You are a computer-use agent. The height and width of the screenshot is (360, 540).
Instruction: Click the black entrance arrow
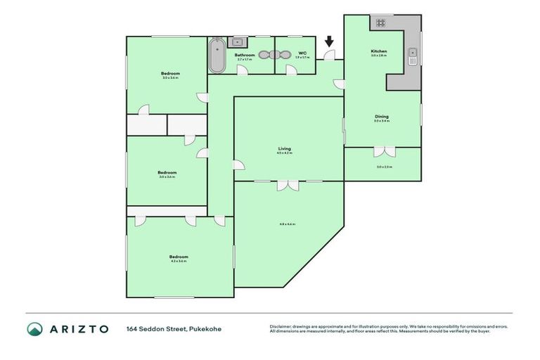(329, 43)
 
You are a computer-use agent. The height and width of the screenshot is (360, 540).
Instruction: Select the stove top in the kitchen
(380, 22)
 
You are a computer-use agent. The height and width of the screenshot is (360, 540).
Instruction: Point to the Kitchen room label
(379, 51)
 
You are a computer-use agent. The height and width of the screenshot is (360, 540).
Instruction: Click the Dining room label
(381, 117)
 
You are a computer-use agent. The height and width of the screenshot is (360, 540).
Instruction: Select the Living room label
(284, 148)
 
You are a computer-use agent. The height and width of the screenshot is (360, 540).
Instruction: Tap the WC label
(302, 53)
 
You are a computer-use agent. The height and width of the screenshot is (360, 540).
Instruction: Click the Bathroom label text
(245, 54)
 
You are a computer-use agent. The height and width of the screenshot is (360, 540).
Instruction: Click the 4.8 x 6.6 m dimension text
(287, 224)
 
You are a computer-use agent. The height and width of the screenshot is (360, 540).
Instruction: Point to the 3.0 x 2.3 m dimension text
(384, 167)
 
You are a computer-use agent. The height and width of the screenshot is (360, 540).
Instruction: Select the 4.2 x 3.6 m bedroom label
(179, 259)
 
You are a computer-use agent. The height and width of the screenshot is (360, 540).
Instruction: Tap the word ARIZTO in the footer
(79, 329)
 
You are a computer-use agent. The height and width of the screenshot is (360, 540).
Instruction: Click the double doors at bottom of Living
(287, 185)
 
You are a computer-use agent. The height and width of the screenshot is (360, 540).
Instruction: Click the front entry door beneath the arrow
(328, 56)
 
